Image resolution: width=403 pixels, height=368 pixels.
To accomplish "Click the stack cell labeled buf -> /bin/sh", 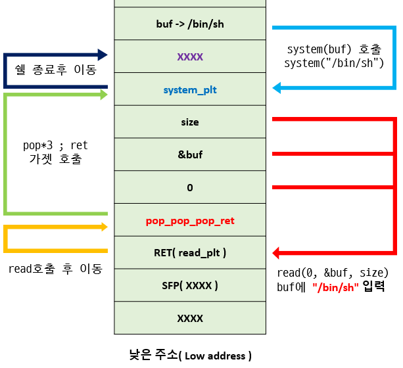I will (x=190, y=24).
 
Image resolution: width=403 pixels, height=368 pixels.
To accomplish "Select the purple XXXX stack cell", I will (x=190, y=57).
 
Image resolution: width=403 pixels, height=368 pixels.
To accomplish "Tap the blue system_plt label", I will (x=190, y=90).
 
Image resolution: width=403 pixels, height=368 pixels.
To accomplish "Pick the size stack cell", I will (x=190, y=122).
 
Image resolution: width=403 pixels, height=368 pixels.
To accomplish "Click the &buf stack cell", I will (x=190, y=155).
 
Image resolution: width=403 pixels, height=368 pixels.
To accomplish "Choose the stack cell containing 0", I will (x=190, y=188).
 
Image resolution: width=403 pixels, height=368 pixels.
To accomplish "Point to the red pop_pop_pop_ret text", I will (x=190, y=221).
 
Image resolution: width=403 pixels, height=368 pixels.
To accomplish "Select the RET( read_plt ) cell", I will (x=190, y=252).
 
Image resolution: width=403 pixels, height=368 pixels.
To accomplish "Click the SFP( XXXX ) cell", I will (x=190, y=285).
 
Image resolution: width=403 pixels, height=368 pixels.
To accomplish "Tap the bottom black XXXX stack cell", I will (x=190, y=319).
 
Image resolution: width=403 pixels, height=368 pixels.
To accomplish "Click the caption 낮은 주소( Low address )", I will (x=190, y=356).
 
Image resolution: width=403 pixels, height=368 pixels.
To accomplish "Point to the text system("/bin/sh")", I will (x=334, y=63).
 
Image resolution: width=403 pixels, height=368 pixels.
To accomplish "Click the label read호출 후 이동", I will (x=55, y=269).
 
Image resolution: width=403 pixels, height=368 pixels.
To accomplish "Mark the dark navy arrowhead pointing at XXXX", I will (x=102, y=55).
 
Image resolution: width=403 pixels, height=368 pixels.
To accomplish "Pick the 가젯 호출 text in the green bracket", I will (x=55, y=158).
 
